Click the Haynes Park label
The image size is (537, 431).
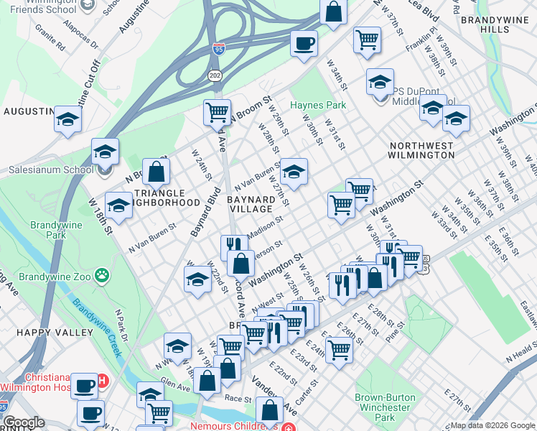pos(318,106)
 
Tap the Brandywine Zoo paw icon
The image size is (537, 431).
pos(103,274)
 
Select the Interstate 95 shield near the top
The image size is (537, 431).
pos(218,49)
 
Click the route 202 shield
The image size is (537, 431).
pos(214,75)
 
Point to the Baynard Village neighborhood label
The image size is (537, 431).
pos(251,203)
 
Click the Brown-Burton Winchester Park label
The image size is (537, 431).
pos(385,407)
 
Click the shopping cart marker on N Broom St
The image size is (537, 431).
pos(217,112)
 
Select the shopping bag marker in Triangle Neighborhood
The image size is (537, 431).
pos(157,172)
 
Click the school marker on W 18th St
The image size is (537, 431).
pos(119,205)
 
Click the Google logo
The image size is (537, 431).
pos(24,422)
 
